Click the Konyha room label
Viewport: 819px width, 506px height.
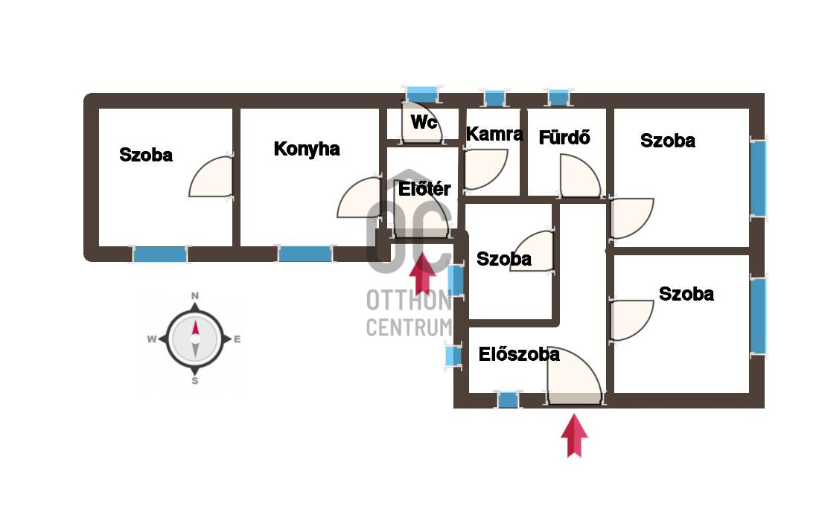coord(307,149)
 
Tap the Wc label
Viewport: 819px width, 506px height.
coord(424,122)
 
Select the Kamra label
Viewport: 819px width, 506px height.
coord(494,134)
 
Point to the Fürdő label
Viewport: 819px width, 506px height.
coord(564,138)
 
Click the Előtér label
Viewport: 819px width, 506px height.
coord(424,188)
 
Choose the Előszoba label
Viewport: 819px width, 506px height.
coord(519,354)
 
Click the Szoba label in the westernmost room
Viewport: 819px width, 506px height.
coord(146,155)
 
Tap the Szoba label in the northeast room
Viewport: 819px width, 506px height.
coord(668,141)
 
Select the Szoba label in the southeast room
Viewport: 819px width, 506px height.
coord(686,293)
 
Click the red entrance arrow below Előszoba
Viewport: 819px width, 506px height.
coord(575,435)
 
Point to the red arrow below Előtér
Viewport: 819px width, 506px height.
coord(423,273)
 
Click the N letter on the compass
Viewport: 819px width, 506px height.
coord(195,296)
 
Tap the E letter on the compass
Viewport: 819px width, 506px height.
coord(237,339)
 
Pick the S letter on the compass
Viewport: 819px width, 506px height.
coord(195,381)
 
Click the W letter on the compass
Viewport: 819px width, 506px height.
coord(151,339)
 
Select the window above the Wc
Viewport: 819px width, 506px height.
coord(422,94)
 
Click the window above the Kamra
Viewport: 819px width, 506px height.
coord(494,97)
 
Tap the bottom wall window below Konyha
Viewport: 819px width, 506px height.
coord(305,254)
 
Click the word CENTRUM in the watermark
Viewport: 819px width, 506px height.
coord(409,327)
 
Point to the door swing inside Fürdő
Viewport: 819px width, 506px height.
coord(580,176)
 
